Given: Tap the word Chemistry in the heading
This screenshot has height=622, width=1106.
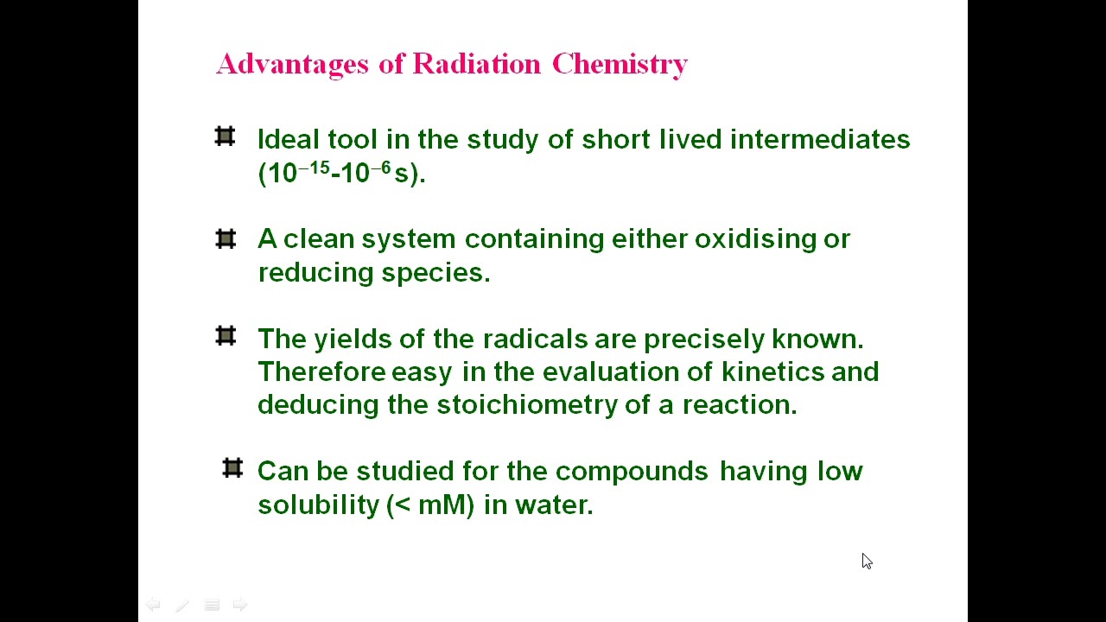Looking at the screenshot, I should click(x=620, y=64).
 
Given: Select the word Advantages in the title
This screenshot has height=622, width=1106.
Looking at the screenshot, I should click(x=293, y=64).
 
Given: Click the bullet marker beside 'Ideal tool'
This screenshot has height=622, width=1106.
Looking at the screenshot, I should click(x=225, y=136).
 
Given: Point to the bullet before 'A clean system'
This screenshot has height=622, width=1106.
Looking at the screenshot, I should click(x=225, y=238).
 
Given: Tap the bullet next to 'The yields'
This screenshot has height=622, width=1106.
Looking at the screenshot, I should click(x=225, y=335).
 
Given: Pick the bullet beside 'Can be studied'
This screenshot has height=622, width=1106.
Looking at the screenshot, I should click(x=232, y=468).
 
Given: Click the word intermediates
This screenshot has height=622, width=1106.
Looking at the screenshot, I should click(x=820, y=140).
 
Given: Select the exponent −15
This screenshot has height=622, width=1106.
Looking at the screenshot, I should click(x=314, y=168).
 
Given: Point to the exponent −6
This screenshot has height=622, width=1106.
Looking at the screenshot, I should click(x=381, y=168).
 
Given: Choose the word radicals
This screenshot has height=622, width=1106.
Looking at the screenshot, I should click(x=535, y=339).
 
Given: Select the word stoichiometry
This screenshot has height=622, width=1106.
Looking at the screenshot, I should click(x=527, y=405).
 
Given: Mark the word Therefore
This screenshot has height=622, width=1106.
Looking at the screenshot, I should click(x=321, y=372).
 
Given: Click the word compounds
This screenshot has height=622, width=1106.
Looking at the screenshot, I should click(x=632, y=472).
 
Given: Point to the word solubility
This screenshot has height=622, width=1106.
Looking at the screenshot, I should click(x=318, y=505).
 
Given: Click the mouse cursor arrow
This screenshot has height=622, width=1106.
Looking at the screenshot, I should click(x=866, y=561).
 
